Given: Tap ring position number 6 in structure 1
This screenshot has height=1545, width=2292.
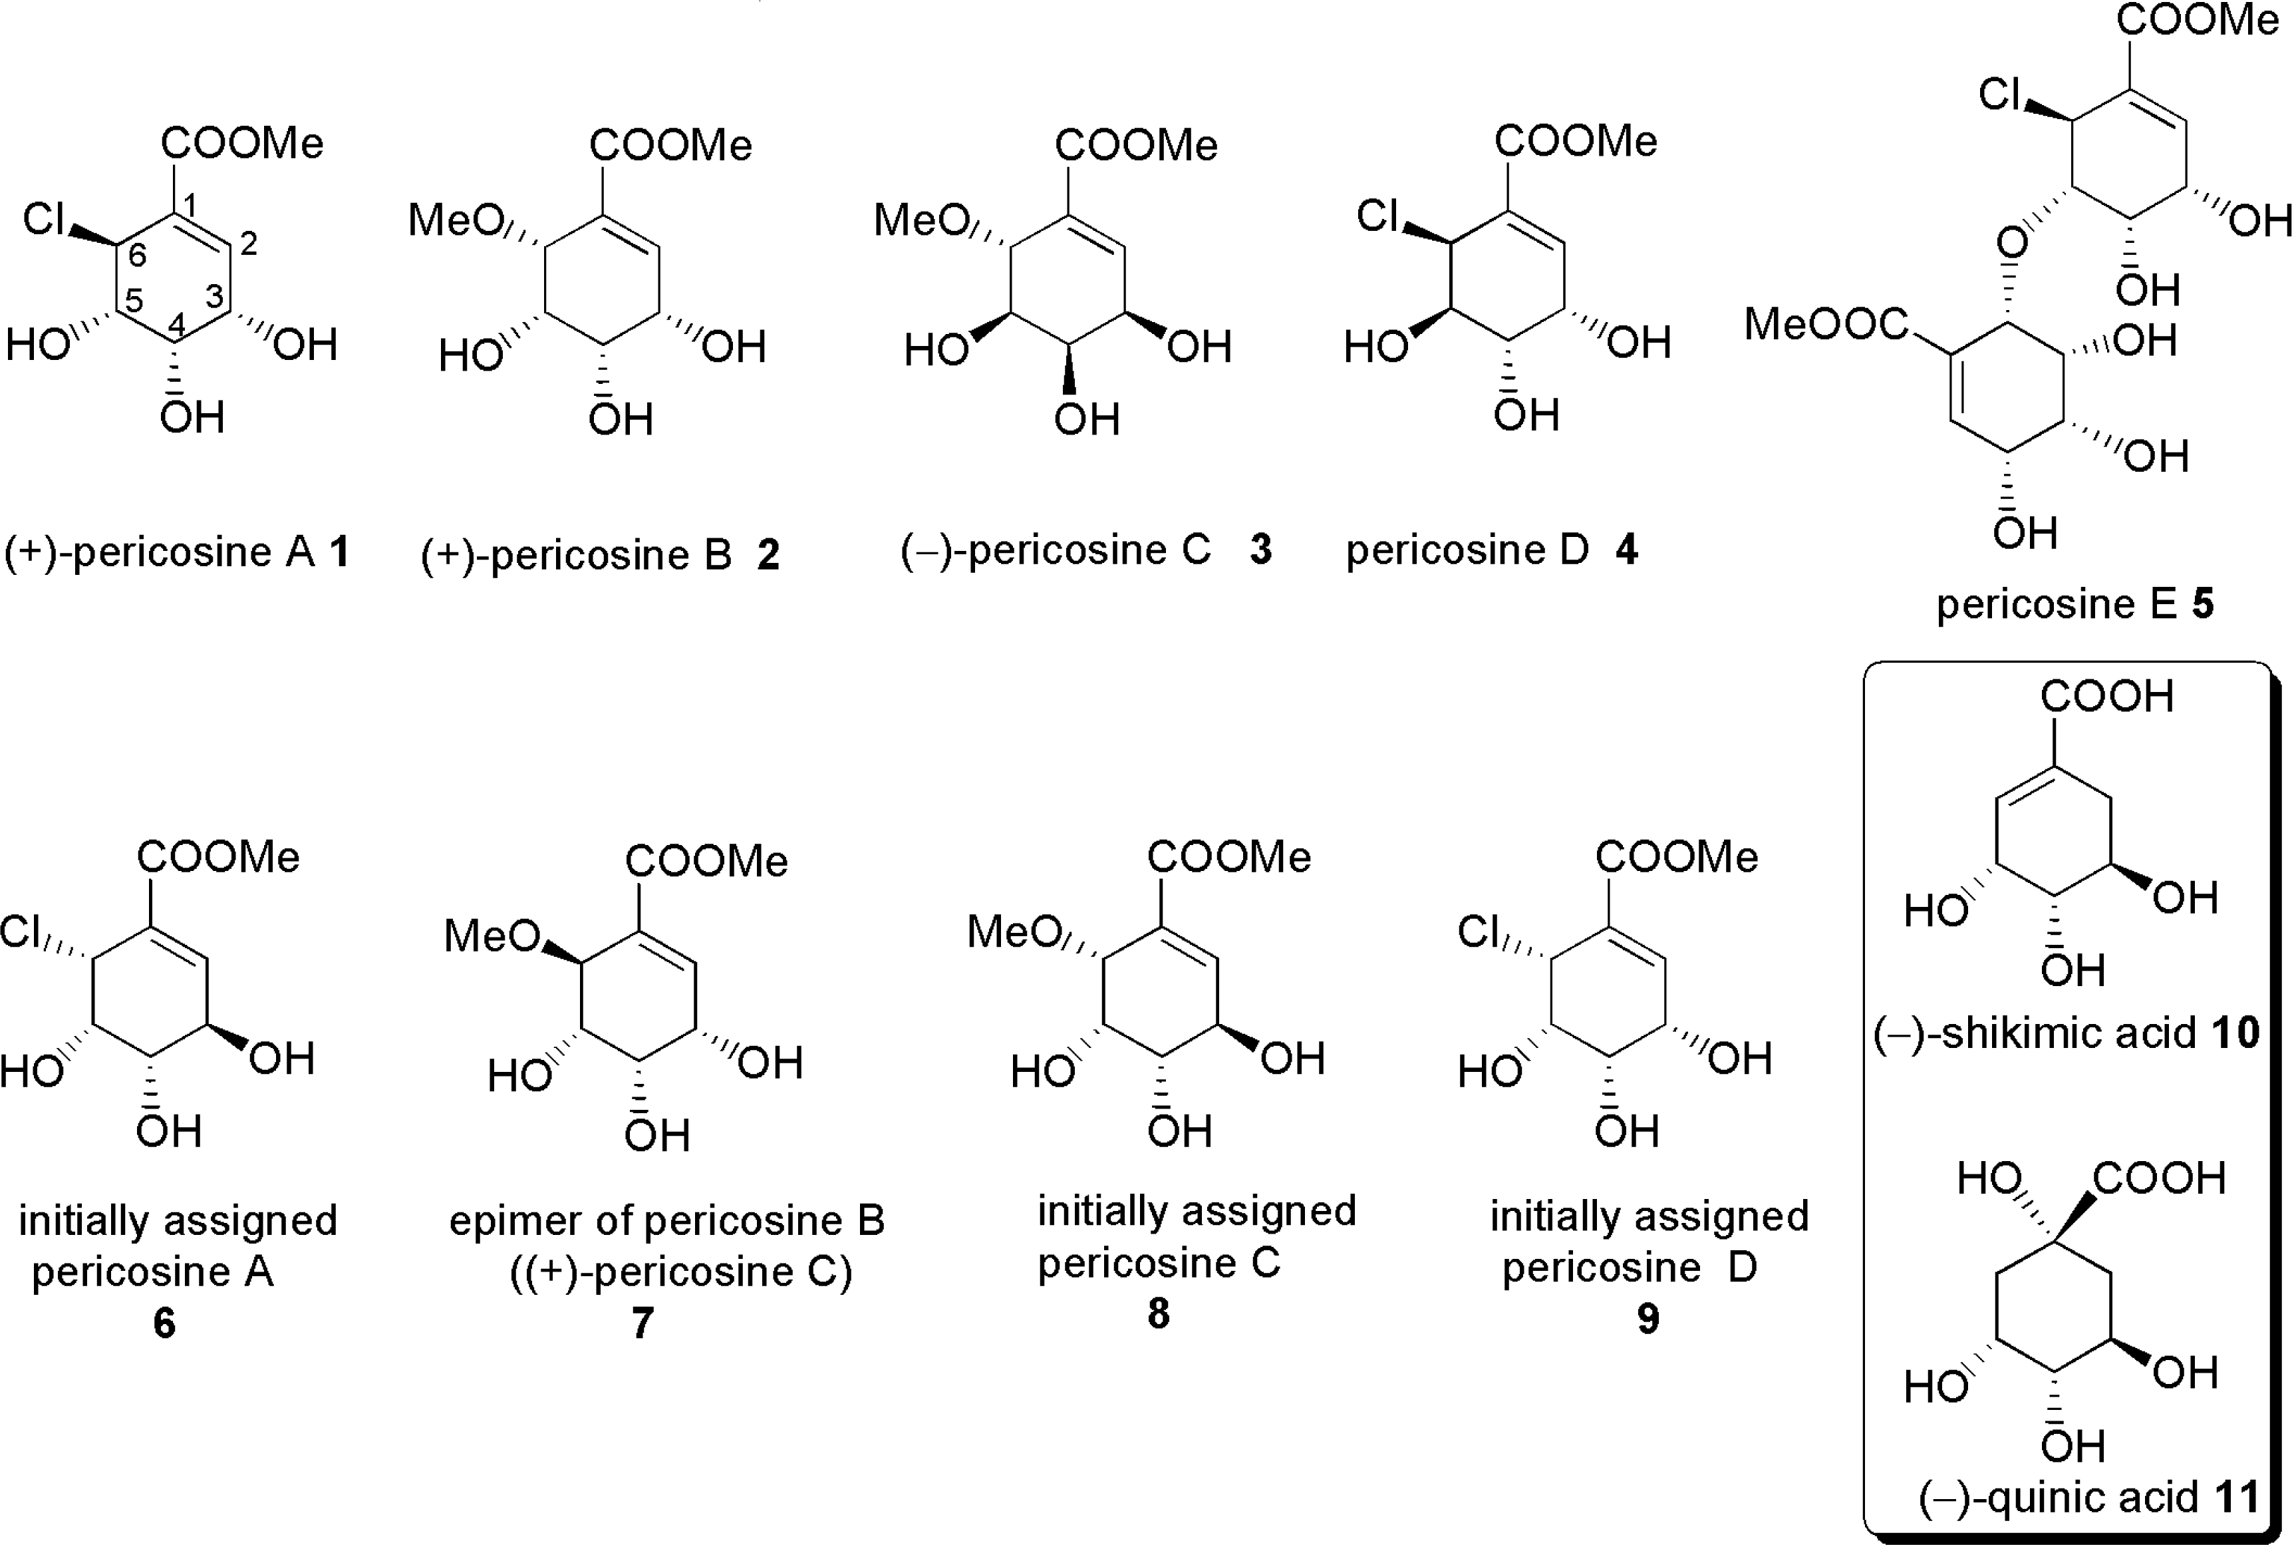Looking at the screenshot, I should pos(138,256).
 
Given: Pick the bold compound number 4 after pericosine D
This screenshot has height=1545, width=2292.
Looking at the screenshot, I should pos(1626,550).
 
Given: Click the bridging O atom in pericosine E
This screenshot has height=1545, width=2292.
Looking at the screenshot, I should pos(2012,242).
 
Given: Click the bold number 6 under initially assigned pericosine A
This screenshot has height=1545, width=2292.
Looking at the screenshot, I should pos(164,1322).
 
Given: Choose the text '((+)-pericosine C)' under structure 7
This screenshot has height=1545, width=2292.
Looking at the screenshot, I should pos(680,1271).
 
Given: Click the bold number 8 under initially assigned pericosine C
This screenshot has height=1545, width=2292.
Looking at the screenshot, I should pos(1159,1313).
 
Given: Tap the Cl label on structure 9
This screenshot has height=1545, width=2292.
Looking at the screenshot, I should pos(1477,931).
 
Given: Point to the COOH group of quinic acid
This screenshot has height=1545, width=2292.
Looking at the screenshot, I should pos(2158,1178).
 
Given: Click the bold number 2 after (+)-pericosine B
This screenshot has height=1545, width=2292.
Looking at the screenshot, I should pos(768,555).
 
